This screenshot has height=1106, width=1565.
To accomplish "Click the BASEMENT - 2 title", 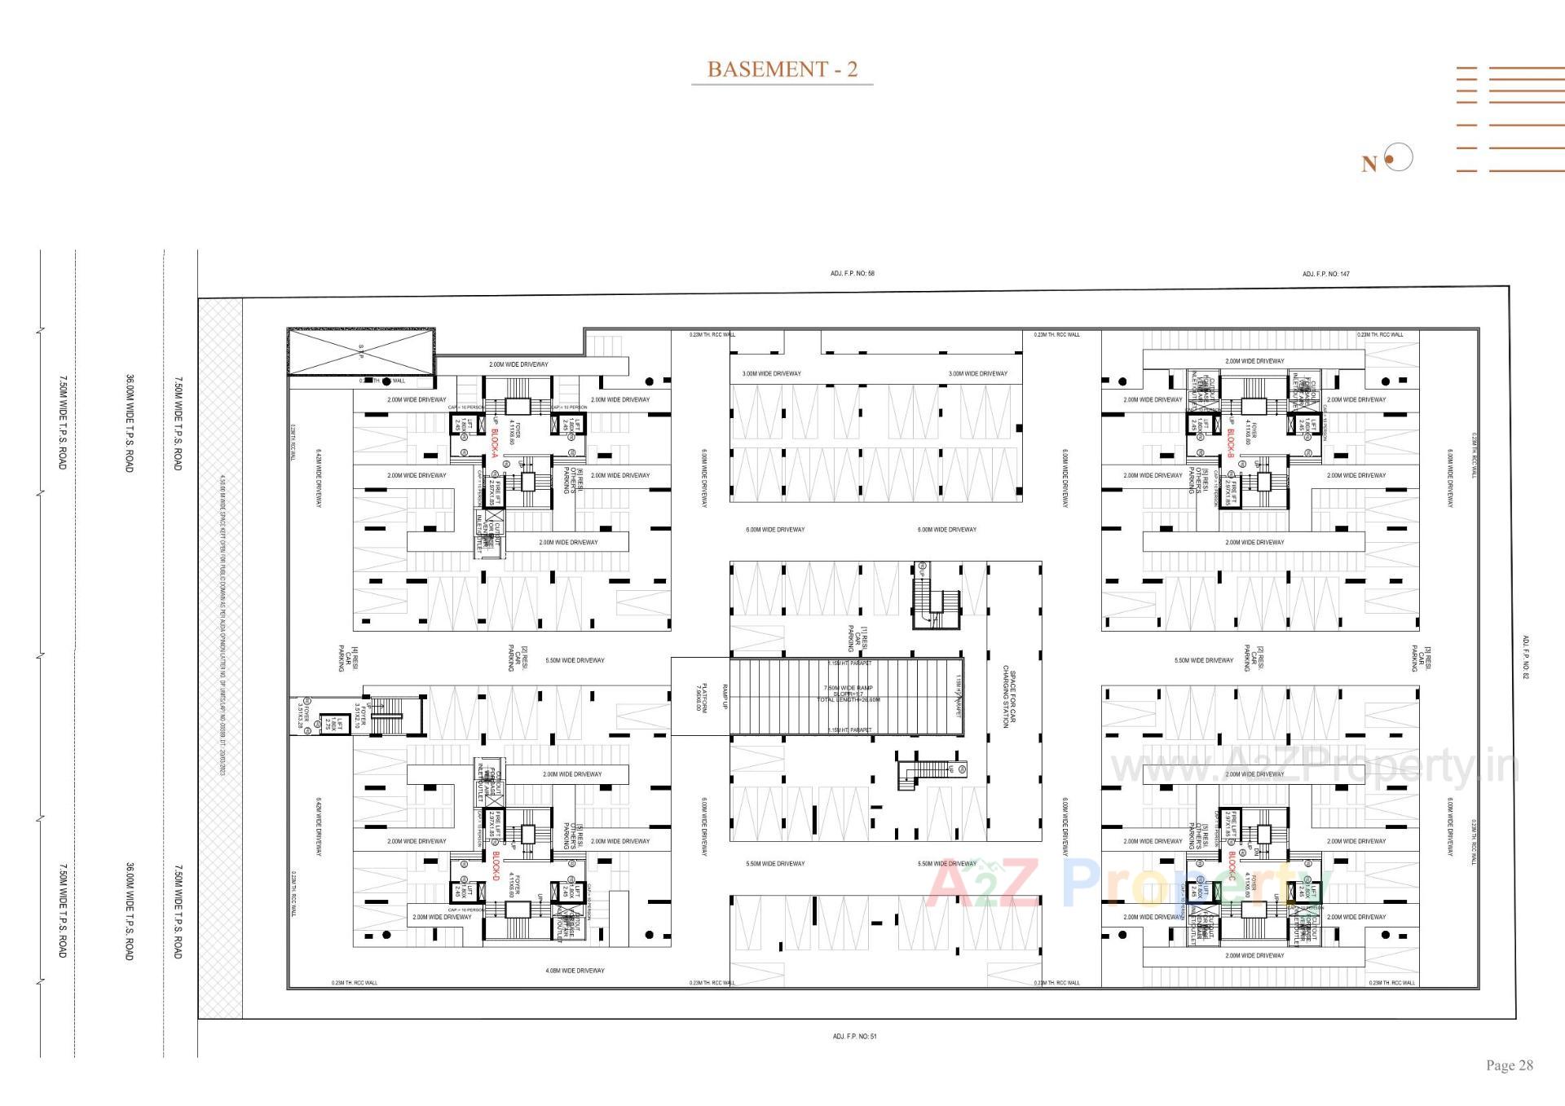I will tap(782, 69).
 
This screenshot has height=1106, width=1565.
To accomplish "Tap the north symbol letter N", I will tap(1369, 165).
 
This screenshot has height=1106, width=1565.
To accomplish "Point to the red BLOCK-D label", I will tap(495, 866).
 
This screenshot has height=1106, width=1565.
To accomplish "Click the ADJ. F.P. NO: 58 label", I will tap(852, 274).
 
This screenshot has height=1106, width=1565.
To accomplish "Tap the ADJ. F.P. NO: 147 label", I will tap(1325, 274).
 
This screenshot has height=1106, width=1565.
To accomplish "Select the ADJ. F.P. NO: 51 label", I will tap(854, 1037).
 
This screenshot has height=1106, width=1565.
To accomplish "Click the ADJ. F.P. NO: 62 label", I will tap(1525, 657).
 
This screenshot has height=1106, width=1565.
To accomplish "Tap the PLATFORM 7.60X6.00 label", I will tap(701, 698).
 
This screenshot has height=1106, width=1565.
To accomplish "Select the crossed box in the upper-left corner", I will tap(361, 351).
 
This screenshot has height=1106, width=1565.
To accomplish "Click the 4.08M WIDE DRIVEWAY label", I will tap(575, 971).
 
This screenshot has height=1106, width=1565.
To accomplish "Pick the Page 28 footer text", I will tap(1509, 1065).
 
